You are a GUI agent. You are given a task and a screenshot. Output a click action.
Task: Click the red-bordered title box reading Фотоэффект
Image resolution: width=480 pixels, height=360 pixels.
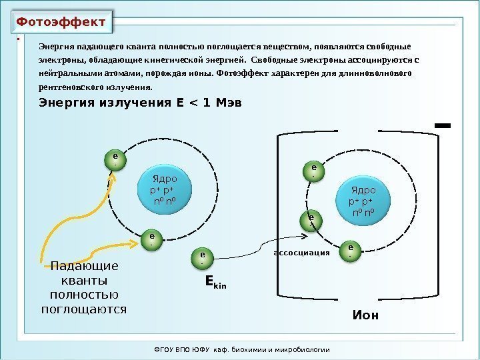[61, 21]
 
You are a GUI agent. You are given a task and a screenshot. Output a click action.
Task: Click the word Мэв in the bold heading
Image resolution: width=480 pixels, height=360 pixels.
[225, 103]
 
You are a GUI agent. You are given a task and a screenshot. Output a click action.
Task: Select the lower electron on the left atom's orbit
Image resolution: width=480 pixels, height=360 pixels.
[151, 239]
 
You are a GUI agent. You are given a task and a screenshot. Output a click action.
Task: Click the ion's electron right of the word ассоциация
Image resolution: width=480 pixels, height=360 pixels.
[351, 251]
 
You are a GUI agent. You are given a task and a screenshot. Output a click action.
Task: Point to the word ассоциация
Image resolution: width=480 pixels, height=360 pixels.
[303, 254]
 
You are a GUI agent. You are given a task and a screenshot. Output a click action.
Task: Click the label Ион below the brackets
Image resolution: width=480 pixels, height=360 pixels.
[365, 315]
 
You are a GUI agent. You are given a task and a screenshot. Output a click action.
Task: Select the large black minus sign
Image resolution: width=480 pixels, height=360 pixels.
[441, 125]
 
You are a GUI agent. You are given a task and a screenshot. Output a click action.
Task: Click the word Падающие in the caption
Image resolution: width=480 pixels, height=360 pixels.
[84, 267]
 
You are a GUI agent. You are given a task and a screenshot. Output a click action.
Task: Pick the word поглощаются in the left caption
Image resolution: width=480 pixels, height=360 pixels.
[84, 309]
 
